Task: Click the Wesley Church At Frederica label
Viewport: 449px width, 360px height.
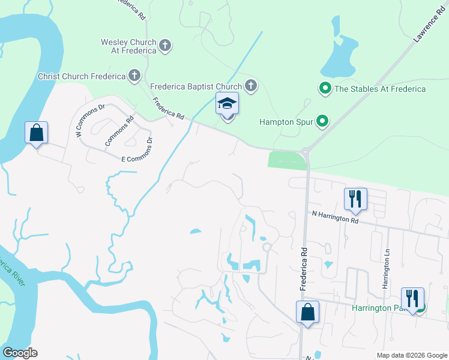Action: pos(128,46)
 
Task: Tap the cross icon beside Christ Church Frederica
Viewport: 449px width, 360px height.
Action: pos(135,76)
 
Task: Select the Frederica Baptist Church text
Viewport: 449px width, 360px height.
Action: pos(195,86)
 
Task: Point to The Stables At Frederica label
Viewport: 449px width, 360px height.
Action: pos(380,89)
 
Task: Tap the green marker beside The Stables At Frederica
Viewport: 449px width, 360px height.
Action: pos(325,89)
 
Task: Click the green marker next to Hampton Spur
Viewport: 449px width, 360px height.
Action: pos(322,121)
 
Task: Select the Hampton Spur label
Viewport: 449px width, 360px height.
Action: pos(286,121)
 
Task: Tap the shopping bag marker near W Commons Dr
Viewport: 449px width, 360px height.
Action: pos(36,133)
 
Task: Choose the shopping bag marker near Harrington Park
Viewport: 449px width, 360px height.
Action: pos(307,312)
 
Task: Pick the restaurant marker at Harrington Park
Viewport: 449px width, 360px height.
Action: pos(412,298)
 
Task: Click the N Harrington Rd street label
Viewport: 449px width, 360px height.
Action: pos(335,217)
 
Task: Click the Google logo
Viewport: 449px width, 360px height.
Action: pos(20,353)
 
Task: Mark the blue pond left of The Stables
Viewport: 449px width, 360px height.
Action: pos(338,54)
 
